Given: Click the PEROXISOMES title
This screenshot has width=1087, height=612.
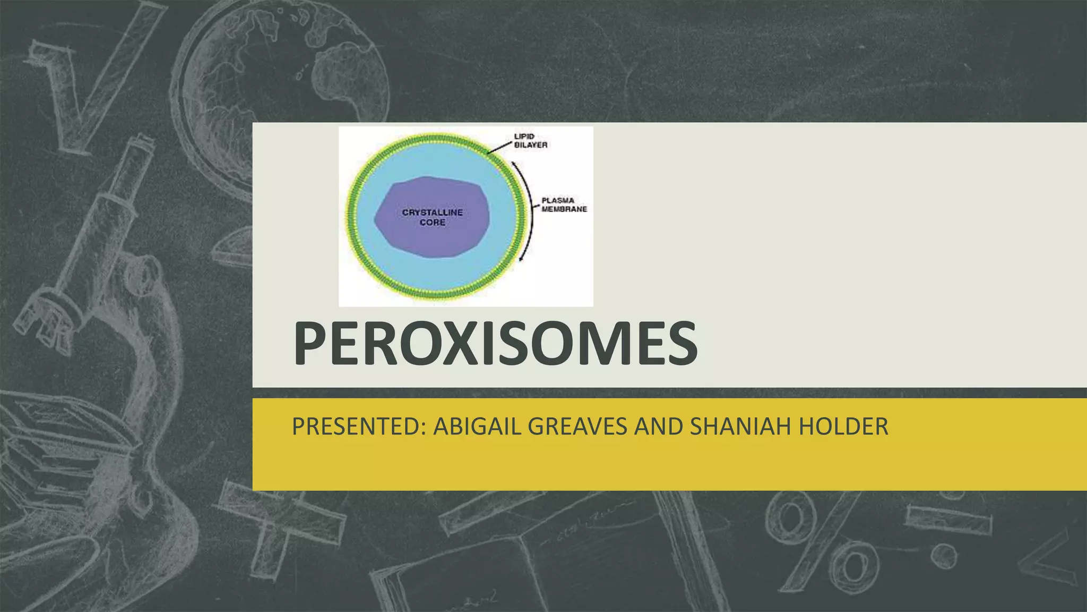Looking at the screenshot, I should [495, 344].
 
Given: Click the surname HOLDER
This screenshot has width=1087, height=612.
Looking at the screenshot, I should [844, 427].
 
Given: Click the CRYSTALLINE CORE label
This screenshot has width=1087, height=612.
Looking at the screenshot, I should [432, 217].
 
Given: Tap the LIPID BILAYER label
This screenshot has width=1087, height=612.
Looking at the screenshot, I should [530, 141].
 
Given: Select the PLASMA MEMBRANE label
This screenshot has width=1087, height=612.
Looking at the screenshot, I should [564, 205].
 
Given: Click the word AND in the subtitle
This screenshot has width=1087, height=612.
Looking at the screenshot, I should [658, 427].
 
